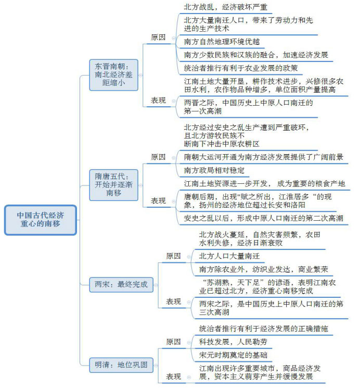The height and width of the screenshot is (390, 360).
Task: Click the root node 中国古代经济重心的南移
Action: tap(40, 220)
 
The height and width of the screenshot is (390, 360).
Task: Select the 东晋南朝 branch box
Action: tap(113, 74)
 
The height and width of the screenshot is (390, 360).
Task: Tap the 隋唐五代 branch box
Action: tap(113, 185)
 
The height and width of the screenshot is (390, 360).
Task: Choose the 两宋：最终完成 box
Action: tap(121, 284)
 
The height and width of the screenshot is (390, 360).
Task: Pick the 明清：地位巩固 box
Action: tap(121, 365)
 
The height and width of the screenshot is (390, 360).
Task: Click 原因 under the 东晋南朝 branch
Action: tap(158, 37)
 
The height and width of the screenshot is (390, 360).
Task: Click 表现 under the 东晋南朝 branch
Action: tap(158, 100)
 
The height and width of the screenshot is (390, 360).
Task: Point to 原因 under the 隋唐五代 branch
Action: tap(158, 157)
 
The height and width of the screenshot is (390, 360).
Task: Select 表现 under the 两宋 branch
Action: tap(173, 301)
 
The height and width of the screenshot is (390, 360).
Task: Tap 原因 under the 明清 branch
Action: tap(173, 342)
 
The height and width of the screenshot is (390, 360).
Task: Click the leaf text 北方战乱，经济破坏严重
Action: tap(226, 7)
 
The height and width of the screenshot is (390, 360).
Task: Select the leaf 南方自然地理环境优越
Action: tap(222, 42)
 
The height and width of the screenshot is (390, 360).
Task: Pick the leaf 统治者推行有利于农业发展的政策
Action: tap(241, 68)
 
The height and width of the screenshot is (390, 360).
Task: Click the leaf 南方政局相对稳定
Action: tap(214, 170)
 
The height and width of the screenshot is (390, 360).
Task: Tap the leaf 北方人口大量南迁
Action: tap(229, 256)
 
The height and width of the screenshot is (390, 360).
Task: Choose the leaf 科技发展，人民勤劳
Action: tap(233, 342)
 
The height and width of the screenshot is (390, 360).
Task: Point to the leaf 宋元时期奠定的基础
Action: tap(233, 355)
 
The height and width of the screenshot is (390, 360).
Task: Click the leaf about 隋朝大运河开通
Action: tap(264, 157)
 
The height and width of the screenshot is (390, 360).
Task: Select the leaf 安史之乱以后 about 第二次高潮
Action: tap(264, 218)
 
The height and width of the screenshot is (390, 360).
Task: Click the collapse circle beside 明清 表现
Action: tap(189, 377)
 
